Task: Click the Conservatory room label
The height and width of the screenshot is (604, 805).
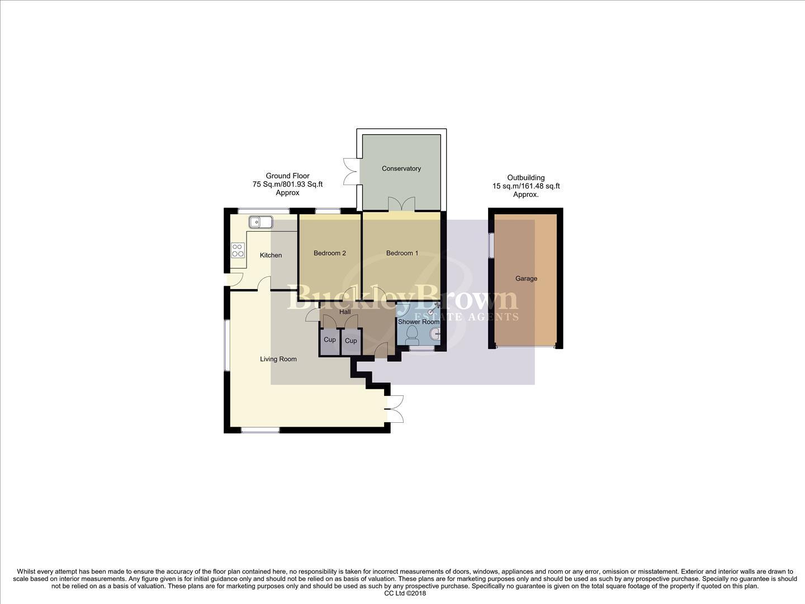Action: click(x=401, y=168)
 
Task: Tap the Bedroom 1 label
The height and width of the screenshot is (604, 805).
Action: click(x=402, y=253)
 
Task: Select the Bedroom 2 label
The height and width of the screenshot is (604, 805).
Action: click(x=329, y=253)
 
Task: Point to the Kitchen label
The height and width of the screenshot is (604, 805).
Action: click(x=271, y=255)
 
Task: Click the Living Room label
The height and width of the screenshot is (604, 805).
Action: click(x=278, y=359)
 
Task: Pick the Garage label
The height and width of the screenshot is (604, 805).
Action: click(x=526, y=279)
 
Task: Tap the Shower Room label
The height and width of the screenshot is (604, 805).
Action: click(x=418, y=322)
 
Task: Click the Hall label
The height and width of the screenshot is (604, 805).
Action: click(x=345, y=312)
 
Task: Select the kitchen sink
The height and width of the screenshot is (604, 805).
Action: click(x=261, y=222)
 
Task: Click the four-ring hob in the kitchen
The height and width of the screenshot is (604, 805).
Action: click(x=238, y=250)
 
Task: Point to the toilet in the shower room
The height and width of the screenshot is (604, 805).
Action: click(x=413, y=334)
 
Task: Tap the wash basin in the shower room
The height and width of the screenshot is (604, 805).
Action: click(x=434, y=334)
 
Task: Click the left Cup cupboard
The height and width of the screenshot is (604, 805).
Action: click(x=330, y=341)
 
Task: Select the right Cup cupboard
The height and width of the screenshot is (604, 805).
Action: click(x=351, y=341)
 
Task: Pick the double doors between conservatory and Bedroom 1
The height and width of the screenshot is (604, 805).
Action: click(x=402, y=204)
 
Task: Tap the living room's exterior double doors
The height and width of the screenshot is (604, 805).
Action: click(x=395, y=409)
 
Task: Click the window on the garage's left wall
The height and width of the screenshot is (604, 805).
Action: click(x=491, y=245)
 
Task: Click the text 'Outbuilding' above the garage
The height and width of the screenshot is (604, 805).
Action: click(x=525, y=177)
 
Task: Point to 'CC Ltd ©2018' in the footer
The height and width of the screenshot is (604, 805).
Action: click(x=405, y=593)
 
